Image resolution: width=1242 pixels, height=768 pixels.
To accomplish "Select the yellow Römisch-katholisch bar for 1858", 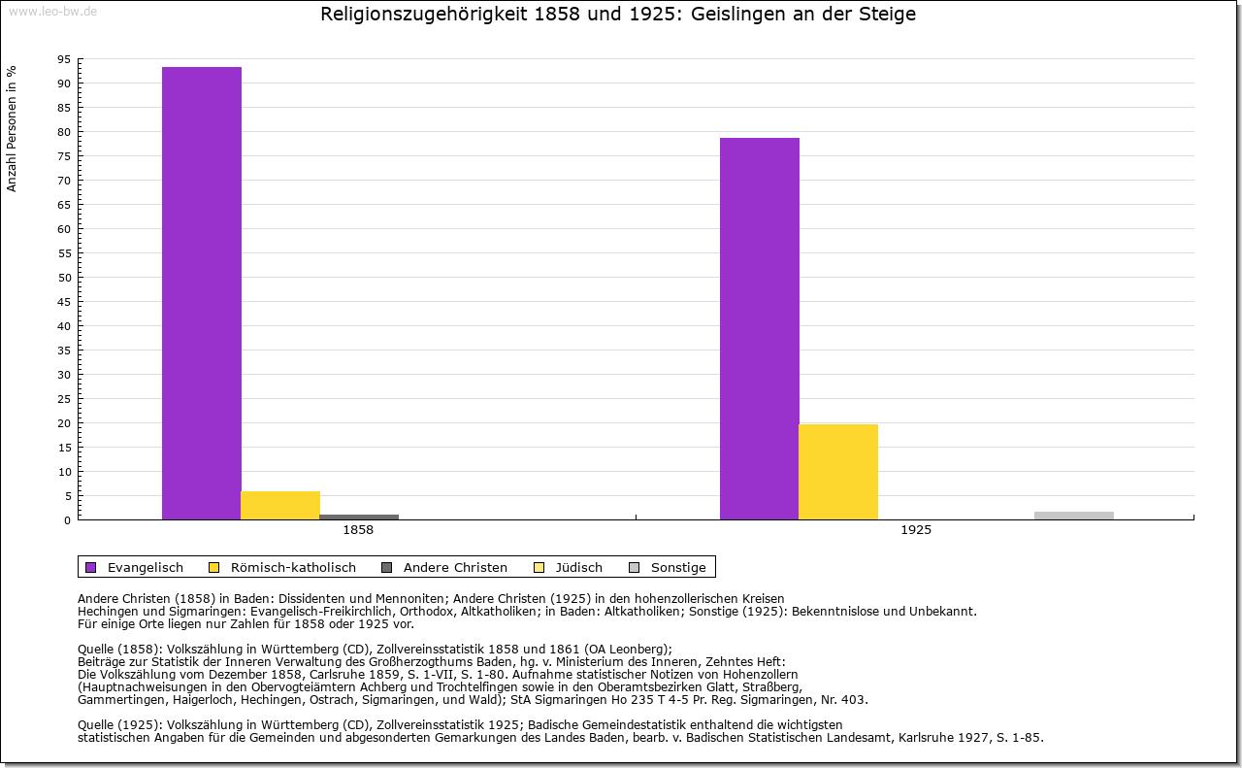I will click(x=280, y=505).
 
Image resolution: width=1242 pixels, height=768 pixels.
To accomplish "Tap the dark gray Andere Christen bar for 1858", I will click(x=359, y=517).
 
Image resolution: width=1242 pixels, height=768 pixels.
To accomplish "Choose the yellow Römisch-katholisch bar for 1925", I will click(x=838, y=472).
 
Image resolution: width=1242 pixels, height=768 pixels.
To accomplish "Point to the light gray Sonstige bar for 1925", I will click(x=1074, y=516).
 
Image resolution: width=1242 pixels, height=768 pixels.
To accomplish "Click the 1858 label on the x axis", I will click(x=358, y=531).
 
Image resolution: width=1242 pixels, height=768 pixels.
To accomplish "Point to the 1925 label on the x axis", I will click(x=916, y=531).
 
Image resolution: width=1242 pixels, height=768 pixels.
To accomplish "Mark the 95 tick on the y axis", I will click(x=64, y=59).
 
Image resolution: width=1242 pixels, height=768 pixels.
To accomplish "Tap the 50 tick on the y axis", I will click(x=64, y=278).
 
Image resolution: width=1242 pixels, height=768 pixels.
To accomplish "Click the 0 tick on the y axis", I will click(x=67, y=520).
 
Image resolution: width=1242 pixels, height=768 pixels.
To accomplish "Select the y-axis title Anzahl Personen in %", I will click(x=13, y=128).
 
